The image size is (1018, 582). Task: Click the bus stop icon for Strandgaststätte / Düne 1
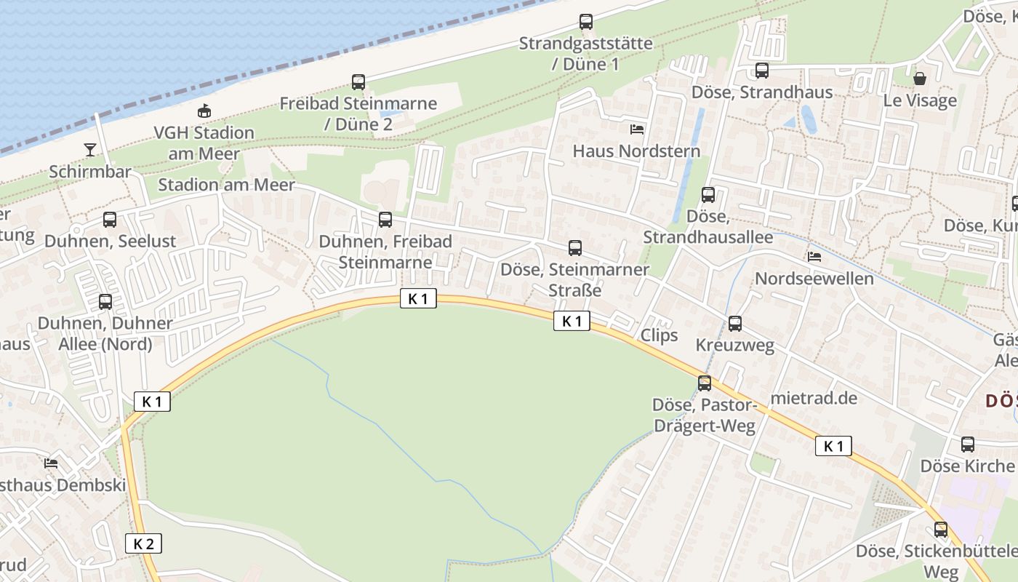(585, 22)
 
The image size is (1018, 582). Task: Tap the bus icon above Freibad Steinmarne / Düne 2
(358, 82)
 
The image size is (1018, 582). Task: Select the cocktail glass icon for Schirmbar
(90, 150)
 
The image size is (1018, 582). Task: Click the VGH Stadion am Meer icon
(204, 111)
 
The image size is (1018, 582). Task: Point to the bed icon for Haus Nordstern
(636, 129)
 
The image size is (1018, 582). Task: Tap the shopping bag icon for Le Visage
(920, 79)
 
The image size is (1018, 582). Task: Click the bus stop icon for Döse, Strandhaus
(761, 71)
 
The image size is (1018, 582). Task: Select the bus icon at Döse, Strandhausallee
(708, 195)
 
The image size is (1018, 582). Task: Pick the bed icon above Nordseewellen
(814, 257)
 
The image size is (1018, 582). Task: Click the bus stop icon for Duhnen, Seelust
(109, 219)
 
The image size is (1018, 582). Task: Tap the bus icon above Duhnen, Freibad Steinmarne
(385, 219)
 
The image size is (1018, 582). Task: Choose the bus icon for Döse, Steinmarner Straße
(574, 248)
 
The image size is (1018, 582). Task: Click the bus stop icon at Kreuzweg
(734, 324)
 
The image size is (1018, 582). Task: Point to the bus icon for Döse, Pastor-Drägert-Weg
(704, 383)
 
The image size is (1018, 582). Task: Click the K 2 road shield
(143, 543)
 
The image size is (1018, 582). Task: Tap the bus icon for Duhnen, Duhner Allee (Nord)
(105, 301)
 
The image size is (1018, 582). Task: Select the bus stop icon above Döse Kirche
(967, 444)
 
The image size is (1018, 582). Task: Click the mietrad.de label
(814, 398)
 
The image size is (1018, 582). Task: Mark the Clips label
(659, 335)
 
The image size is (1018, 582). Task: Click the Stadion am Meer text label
(226, 184)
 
